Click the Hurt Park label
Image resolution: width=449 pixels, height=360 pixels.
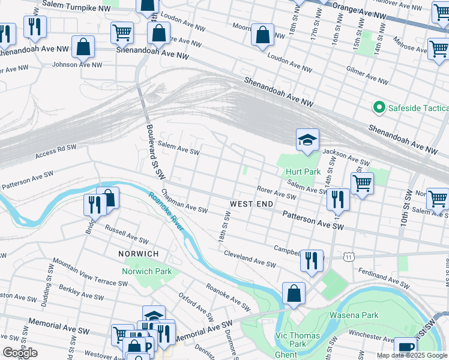(303, 172)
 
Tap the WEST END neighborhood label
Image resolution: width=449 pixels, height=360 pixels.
(249, 204)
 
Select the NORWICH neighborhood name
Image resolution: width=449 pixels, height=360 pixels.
(139, 254)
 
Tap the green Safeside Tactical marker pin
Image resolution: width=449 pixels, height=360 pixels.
(379, 108)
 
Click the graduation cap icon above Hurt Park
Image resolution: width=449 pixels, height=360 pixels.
(307, 140)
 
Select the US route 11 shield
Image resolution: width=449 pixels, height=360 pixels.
(348, 257)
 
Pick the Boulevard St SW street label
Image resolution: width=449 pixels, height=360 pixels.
(155, 151)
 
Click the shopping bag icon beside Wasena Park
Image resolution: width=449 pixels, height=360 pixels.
(294, 294)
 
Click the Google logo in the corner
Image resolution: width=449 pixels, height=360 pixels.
(20, 353)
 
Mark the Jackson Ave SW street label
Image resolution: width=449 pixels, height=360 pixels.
(346, 158)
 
